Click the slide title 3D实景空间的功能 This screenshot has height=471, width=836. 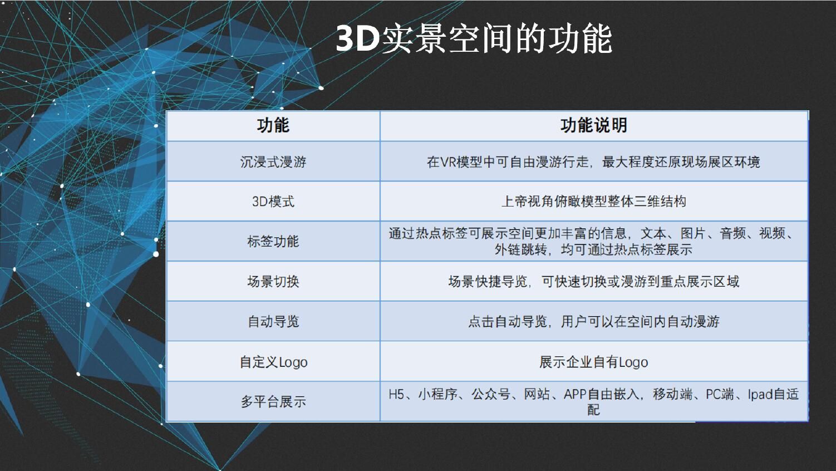coord(474,39)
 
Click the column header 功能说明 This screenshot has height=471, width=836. coord(594,125)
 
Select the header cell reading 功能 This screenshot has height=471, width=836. coord(273,125)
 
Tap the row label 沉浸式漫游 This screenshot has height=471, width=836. coord(273,162)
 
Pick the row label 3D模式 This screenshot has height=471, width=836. coord(273,202)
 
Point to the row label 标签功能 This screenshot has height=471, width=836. coord(273,242)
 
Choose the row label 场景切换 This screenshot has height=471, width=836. coord(273,281)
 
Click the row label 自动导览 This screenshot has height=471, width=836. coord(273,321)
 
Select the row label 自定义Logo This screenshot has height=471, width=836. coord(273,362)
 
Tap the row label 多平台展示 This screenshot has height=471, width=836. coord(273,401)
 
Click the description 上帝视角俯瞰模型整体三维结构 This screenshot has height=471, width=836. coord(594,202)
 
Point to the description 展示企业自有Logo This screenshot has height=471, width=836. coord(594,362)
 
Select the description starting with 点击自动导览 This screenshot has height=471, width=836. coord(594,321)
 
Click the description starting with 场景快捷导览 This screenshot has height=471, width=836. coord(594,281)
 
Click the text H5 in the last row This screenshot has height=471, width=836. coord(396,394)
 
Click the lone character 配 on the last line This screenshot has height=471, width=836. coord(594,410)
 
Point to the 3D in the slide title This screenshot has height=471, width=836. coord(357,39)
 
